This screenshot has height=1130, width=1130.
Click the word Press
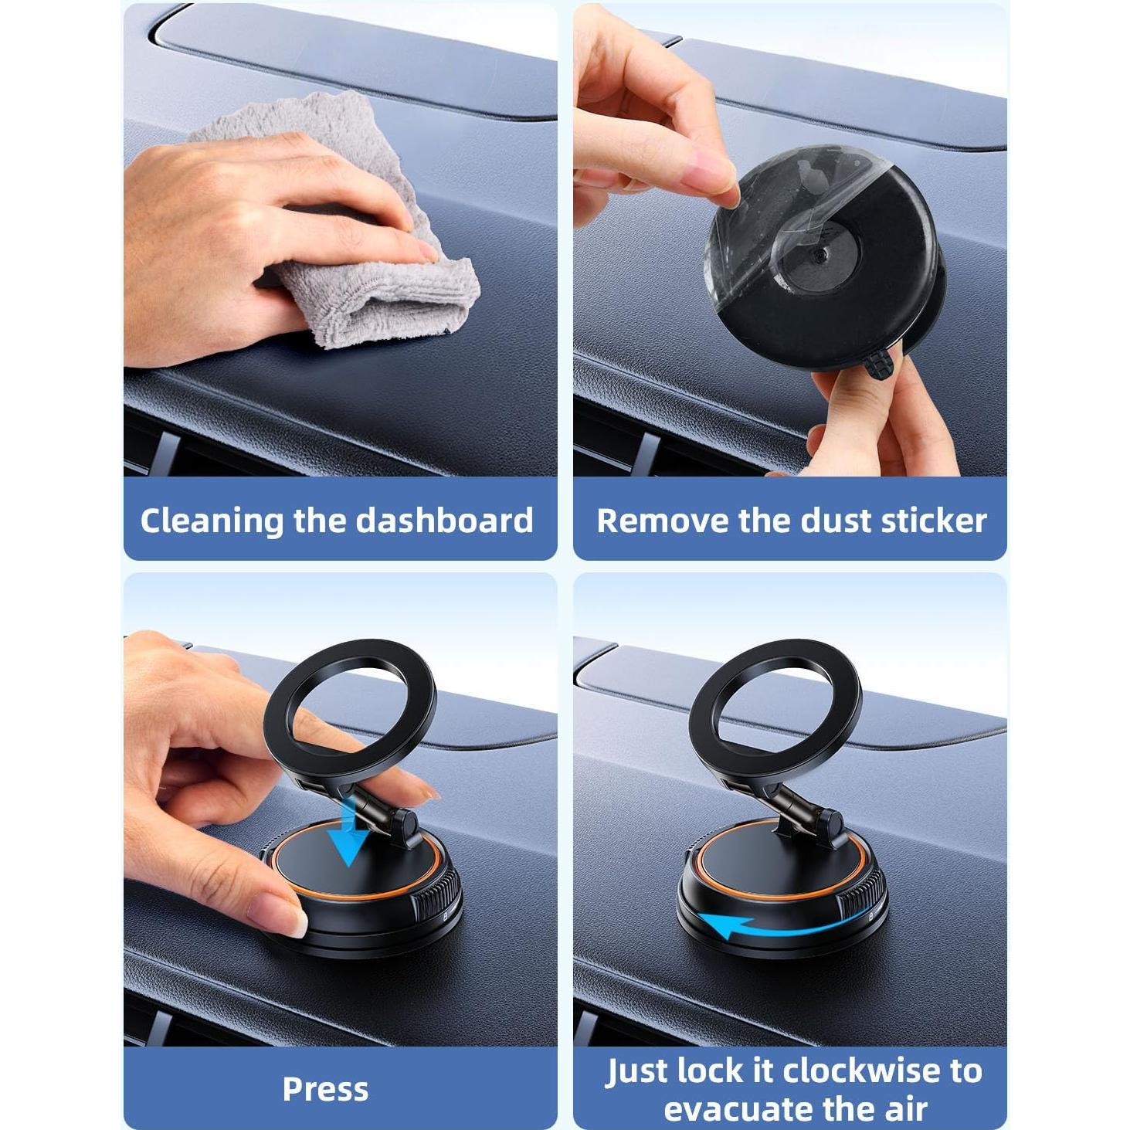325,1089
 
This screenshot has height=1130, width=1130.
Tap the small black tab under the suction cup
877,364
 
